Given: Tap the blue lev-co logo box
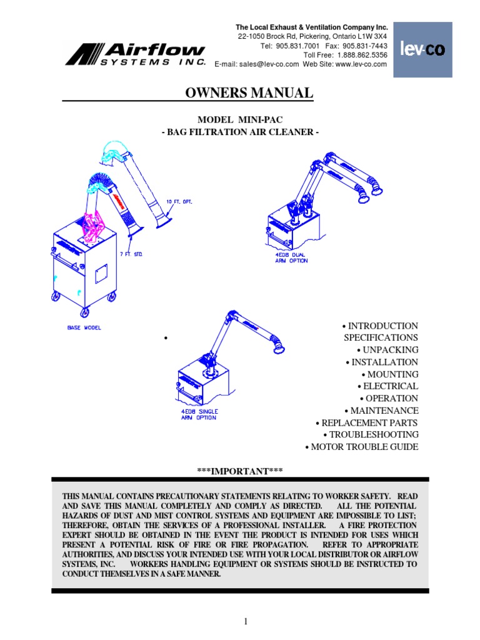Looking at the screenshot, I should pos(422,50).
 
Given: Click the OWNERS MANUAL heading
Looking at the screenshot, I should pos(249,94).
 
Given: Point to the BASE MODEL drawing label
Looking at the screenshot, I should pos(84,327).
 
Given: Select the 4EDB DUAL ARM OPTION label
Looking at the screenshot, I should pos(291,257).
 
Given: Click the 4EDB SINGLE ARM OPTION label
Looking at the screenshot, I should pos(199,414).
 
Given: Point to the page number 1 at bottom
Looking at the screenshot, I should pos(246,621).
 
